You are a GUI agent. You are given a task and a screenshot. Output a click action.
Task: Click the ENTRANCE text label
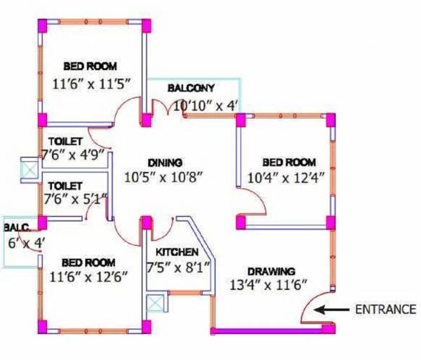tap(385, 308)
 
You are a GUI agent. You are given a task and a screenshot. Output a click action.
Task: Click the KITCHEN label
tap(176, 252)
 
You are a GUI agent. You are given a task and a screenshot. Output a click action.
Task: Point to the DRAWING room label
tap(271, 271)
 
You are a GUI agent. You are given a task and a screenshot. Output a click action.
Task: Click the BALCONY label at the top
tap(190, 88)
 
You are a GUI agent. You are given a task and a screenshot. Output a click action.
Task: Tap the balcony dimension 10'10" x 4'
tap(206, 106)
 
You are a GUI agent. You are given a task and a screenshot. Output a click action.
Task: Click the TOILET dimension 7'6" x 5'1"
tap(74, 198)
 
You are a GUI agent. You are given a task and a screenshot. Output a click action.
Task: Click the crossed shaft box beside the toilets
tap(30, 170)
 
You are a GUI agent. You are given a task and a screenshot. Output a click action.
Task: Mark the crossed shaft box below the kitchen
tap(154, 304)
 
